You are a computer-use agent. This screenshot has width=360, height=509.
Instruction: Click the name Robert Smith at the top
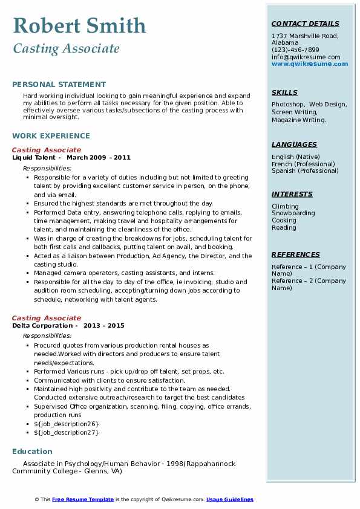click(79, 25)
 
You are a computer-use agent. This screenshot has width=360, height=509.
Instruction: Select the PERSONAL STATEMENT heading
click(59, 85)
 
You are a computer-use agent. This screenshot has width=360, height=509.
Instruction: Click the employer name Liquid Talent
click(34, 158)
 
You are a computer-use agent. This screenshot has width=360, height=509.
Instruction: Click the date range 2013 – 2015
click(104, 326)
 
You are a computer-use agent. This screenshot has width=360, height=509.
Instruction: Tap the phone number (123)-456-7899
click(295, 50)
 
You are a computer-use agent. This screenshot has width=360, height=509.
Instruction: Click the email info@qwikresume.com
click(306, 57)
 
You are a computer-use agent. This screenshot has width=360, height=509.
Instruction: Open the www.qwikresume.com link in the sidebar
click(310, 63)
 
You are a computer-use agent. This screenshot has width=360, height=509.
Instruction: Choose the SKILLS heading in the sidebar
click(284, 93)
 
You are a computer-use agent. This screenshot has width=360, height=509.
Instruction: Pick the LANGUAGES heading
click(294, 145)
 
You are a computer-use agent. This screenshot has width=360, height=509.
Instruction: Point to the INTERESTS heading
click(292, 195)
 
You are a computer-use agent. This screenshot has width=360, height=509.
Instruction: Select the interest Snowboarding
click(293, 213)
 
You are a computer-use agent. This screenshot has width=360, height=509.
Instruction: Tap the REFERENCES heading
click(296, 255)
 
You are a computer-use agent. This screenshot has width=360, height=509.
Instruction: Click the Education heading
click(32, 452)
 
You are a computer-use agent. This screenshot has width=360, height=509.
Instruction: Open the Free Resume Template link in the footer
click(83, 500)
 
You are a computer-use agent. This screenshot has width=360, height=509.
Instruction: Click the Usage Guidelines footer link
click(229, 500)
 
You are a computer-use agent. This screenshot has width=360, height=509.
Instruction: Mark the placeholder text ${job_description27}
click(66, 433)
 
